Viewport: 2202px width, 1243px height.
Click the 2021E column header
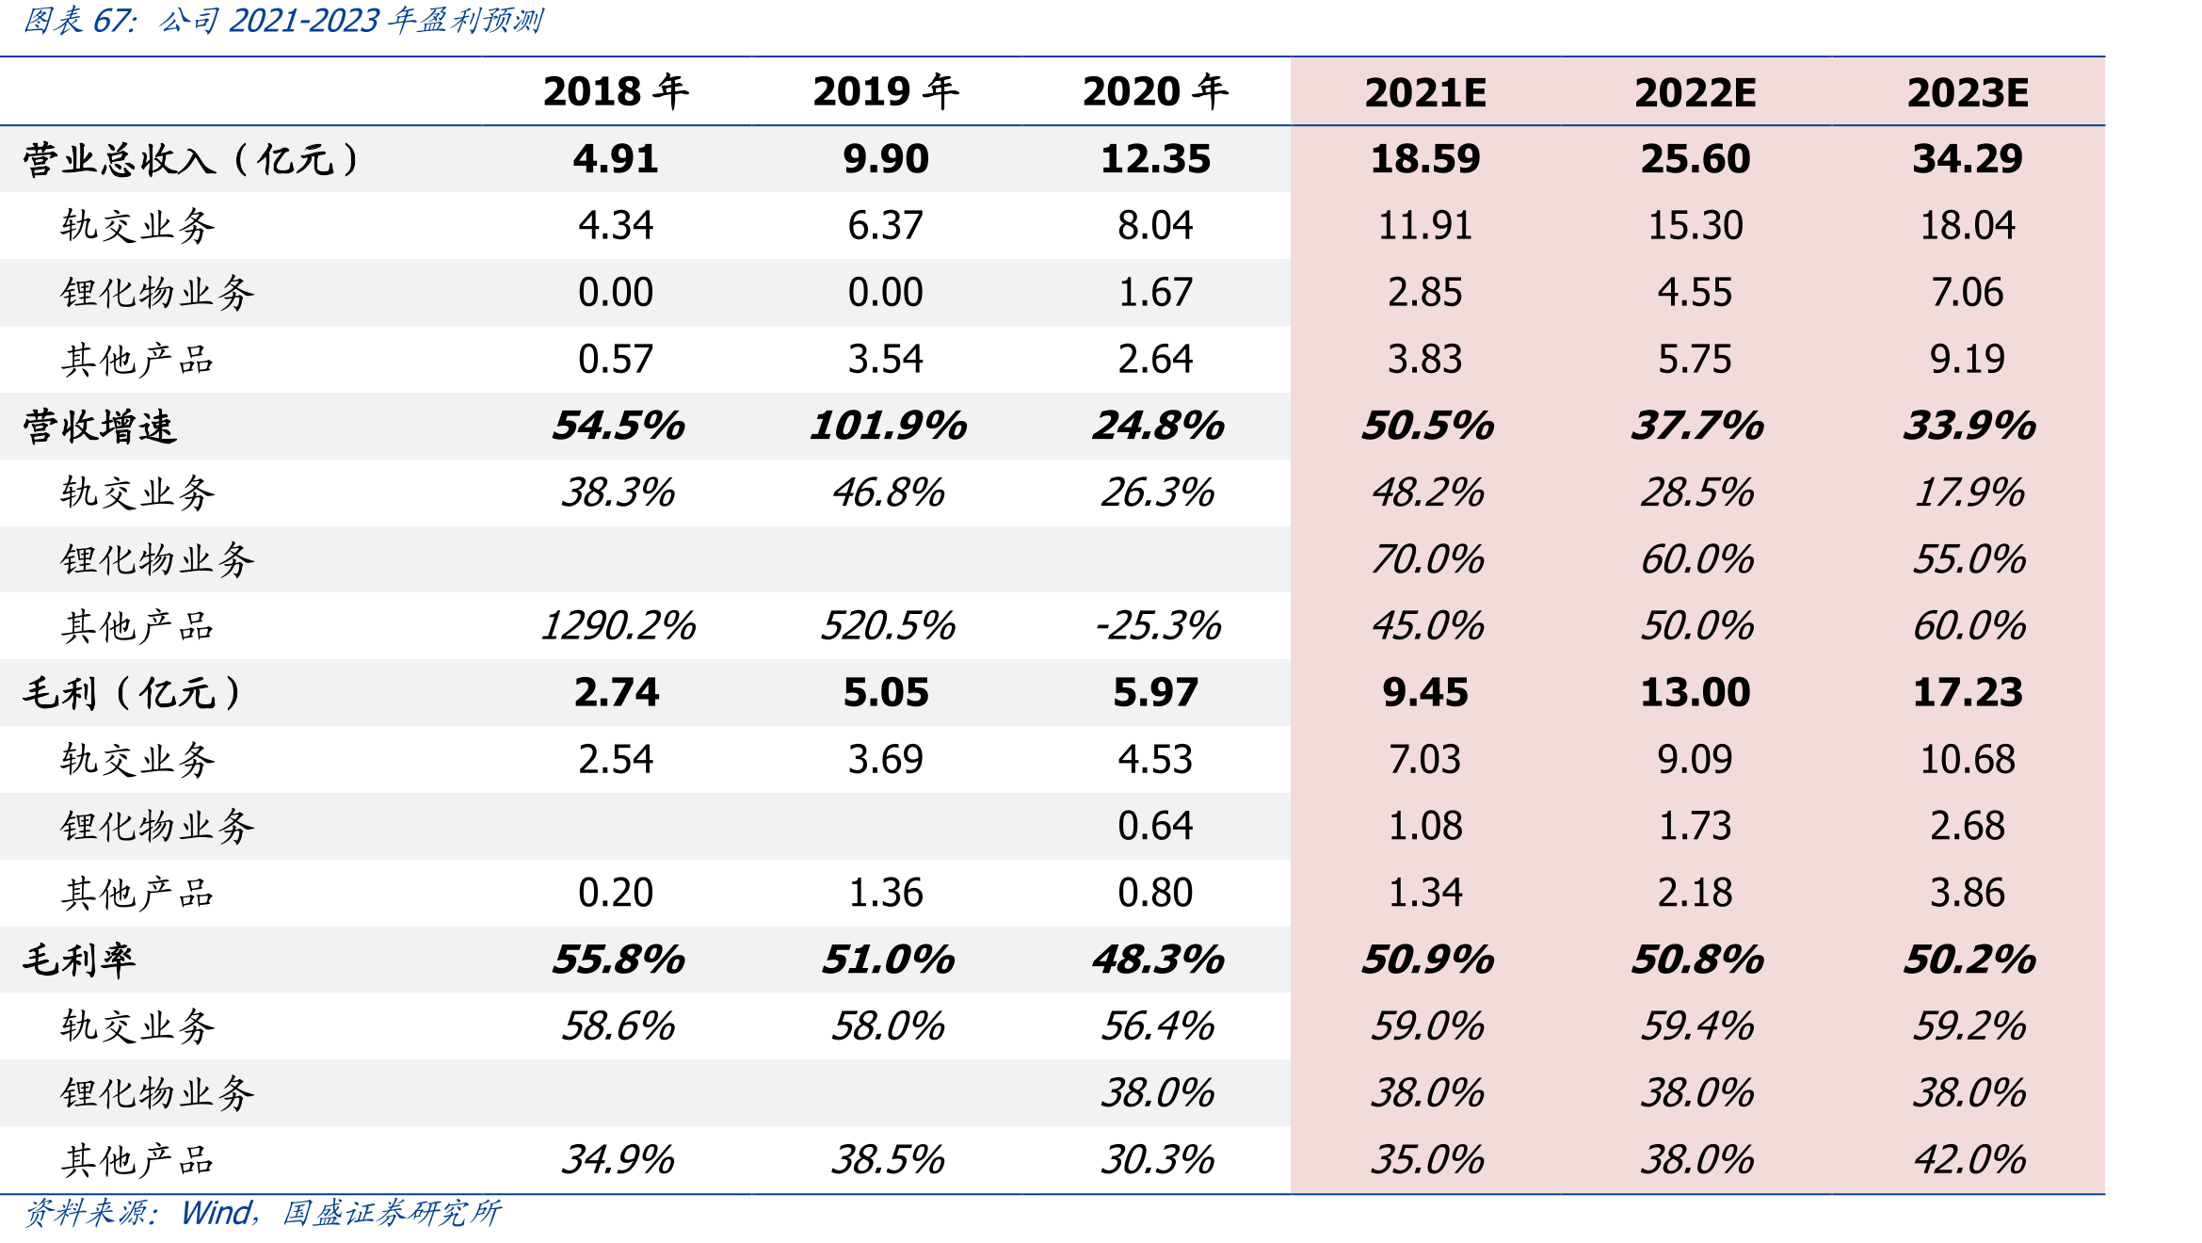tap(1425, 92)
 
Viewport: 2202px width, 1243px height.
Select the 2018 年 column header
tap(616, 91)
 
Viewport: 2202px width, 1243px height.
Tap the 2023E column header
tap(1968, 92)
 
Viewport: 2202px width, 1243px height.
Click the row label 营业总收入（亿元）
tap(191, 159)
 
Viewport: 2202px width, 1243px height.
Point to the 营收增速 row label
tap(100, 426)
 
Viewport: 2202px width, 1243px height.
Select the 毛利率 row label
tap(79, 960)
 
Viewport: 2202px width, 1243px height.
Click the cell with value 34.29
tap(1968, 158)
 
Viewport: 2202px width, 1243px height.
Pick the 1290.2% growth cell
tap(618, 625)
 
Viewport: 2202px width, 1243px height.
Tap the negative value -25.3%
tap(1158, 625)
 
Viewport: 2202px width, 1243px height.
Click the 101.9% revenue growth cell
tap(888, 426)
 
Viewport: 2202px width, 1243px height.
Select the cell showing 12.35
tap(1156, 158)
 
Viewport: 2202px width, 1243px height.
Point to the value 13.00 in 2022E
tap(1696, 692)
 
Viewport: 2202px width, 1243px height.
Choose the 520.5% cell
tap(888, 625)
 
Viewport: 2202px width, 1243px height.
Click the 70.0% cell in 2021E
tap(1427, 559)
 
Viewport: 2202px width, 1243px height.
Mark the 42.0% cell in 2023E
tap(1969, 1159)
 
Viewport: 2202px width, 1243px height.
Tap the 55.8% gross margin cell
tap(619, 960)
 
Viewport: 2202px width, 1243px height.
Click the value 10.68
tap(1968, 759)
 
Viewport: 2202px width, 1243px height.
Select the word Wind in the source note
tap(216, 1213)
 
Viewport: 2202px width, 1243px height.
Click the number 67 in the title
tap(112, 20)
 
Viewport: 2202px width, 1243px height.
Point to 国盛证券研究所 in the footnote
tap(392, 1213)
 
